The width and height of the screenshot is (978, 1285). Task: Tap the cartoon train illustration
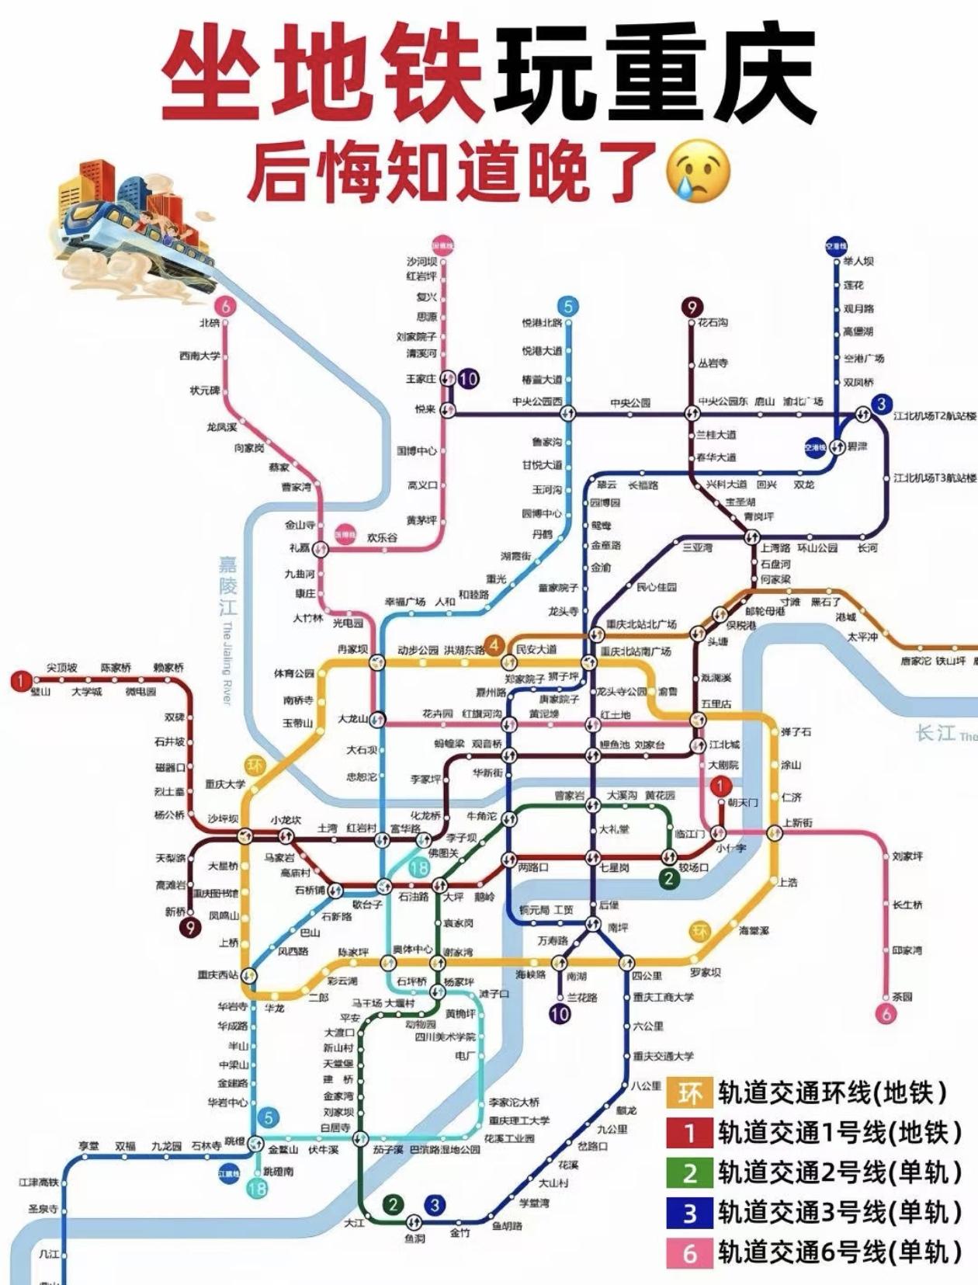click(x=132, y=225)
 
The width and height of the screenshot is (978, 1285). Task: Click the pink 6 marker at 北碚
click(x=226, y=306)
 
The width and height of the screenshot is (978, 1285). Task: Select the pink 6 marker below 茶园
click(x=886, y=1012)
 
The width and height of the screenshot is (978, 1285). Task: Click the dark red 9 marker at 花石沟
click(x=691, y=307)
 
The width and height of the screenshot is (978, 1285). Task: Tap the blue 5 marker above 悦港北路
click(x=568, y=307)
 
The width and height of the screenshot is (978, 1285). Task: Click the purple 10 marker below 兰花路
click(x=560, y=1013)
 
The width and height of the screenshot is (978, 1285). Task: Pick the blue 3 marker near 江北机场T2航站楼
click(x=881, y=404)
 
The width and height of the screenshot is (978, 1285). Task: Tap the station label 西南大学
click(x=199, y=356)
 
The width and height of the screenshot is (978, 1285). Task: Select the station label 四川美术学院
click(x=445, y=1037)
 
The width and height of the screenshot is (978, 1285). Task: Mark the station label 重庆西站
click(x=217, y=975)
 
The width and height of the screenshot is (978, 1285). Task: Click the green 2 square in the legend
click(x=690, y=1173)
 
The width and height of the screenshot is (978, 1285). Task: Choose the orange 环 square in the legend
click(x=690, y=1093)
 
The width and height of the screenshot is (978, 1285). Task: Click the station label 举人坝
click(x=858, y=262)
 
